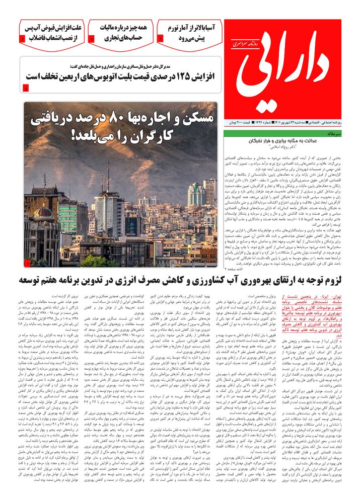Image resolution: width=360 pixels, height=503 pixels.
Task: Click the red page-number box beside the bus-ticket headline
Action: point(26,89)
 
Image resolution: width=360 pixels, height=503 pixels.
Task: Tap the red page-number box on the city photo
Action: point(28,263)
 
